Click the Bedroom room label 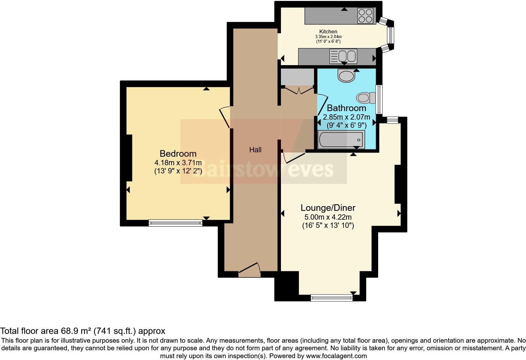coord(178,154)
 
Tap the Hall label coord(255,150)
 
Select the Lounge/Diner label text coord(328,208)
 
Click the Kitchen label coord(328,31)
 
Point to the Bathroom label coord(346,108)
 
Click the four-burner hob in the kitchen coord(366,16)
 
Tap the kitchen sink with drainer coord(343,56)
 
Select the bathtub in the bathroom coord(341,140)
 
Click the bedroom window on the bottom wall coord(176,223)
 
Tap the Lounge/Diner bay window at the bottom coord(332,297)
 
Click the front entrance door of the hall coord(249,270)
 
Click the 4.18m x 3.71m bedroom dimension coord(178,163)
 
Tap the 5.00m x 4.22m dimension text coord(328,217)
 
